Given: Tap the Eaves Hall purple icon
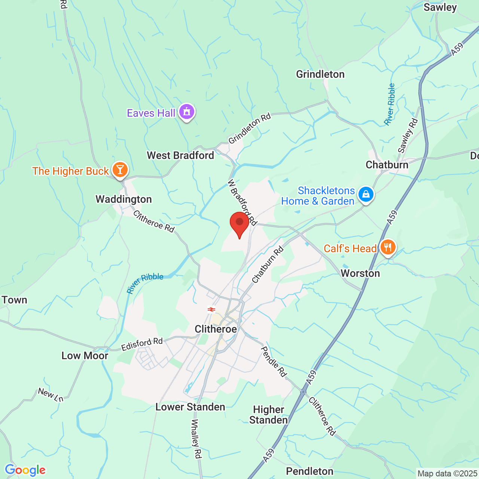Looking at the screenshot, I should [187, 112].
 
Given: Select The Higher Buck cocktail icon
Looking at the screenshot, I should [120, 170].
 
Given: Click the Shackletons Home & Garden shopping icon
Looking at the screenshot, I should [366, 194].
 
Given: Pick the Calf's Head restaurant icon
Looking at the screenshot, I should [388, 247].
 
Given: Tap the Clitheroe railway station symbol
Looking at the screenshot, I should [211, 309].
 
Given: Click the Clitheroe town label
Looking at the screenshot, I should [216, 329].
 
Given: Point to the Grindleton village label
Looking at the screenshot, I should [320, 74].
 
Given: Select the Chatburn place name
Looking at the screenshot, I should [387, 165].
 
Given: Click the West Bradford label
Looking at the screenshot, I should [180, 155].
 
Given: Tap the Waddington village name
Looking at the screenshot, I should [124, 199].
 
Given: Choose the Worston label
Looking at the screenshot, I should [360, 273].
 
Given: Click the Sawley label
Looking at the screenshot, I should [440, 7].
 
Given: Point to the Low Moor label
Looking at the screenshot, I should [85, 356].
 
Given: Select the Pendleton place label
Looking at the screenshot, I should [309, 471].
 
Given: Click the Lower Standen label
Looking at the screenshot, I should [190, 407].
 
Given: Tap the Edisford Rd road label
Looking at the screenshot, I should [142, 344].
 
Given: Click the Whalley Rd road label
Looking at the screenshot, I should [196, 439].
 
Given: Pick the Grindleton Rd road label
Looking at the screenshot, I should [250, 128].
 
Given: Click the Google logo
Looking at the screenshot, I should [25, 470].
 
